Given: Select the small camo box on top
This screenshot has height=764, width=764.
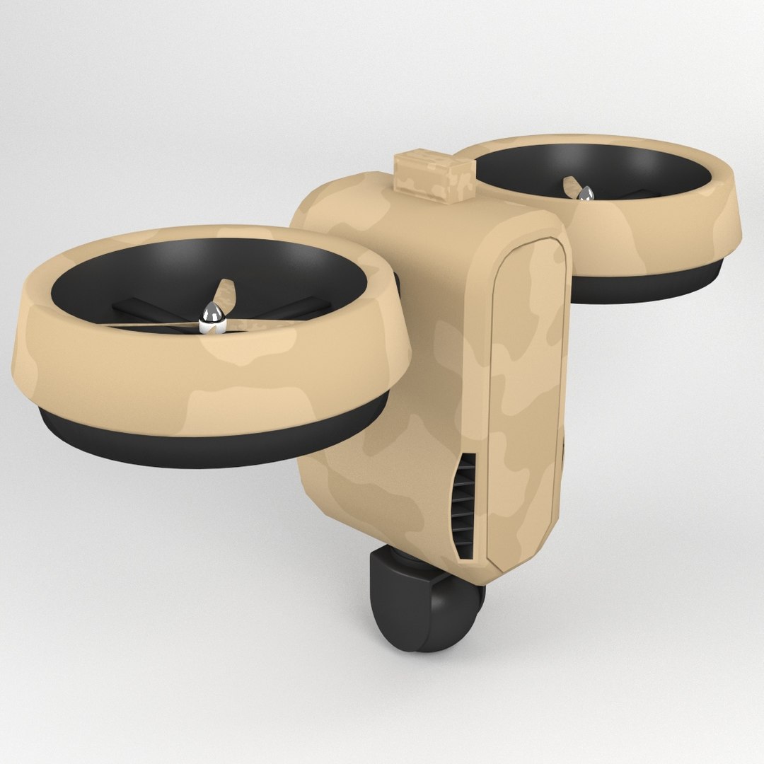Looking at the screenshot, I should point(433,173).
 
